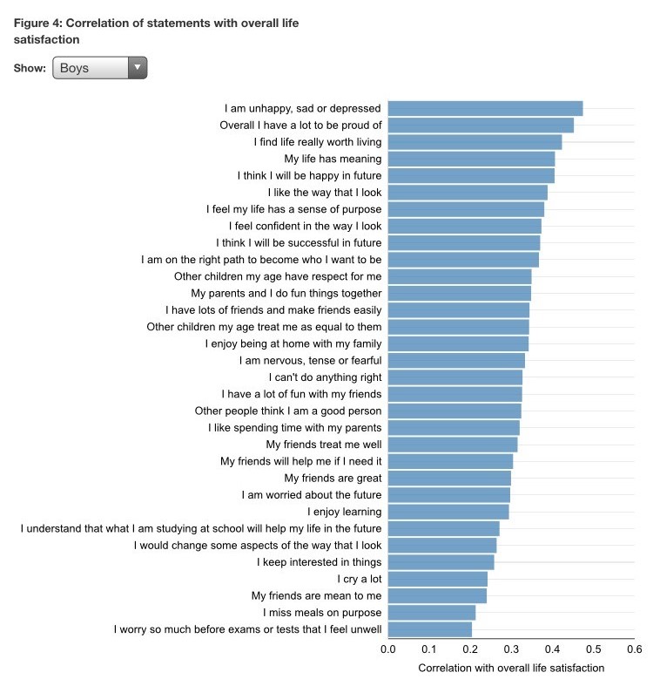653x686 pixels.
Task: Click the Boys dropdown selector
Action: [99, 68]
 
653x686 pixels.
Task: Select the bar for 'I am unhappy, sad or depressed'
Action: [485, 108]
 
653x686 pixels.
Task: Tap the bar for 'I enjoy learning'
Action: [448, 512]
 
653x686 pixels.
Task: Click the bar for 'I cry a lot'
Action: [437, 579]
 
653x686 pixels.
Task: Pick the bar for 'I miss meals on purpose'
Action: [431, 613]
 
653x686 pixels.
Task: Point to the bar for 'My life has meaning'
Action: [471, 159]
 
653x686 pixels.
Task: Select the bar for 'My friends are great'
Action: [449, 478]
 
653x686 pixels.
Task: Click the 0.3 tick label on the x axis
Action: [511, 649]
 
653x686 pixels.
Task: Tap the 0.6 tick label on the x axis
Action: [634, 649]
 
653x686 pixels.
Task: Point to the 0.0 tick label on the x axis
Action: [388, 649]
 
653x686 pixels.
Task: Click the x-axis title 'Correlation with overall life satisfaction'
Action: [511, 668]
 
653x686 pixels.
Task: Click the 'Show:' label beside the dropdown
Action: [30, 68]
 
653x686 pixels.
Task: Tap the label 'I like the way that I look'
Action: [325, 192]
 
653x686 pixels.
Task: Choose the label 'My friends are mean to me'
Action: [316, 595]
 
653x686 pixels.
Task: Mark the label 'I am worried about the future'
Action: [311, 495]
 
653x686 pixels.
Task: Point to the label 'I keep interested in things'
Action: [319, 562]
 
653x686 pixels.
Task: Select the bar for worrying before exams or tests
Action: [429, 629]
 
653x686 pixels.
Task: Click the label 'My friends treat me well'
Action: [323, 445]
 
